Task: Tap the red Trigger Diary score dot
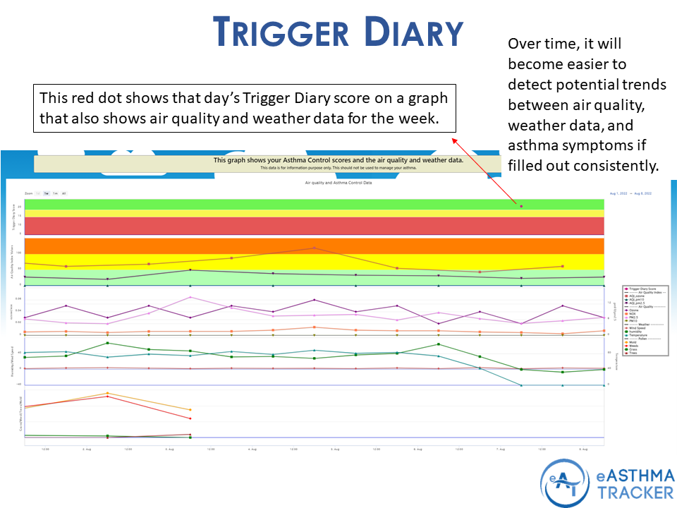click(521, 206)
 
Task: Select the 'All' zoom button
click(63, 193)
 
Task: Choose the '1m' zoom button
click(55, 193)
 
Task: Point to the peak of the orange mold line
click(107, 393)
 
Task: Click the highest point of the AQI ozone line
click(315, 248)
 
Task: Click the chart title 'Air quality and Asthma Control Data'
click(338, 183)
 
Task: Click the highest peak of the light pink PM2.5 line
click(190, 297)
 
